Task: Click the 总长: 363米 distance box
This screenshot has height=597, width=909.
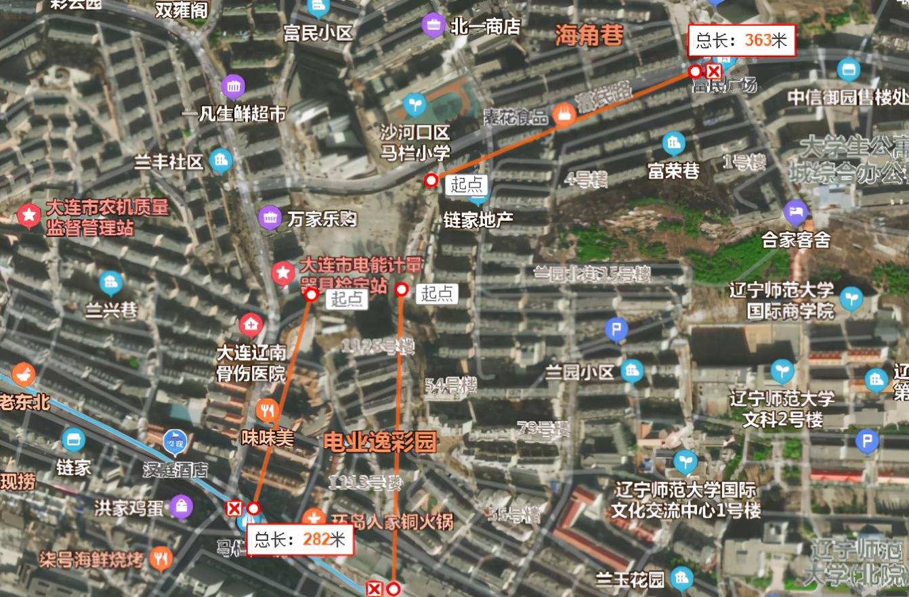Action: pyautogui.click(x=742, y=41)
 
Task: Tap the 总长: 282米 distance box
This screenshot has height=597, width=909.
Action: pyautogui.click(x=299, y=539)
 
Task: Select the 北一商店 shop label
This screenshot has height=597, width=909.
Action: pyautogui.click(x=485, y=26)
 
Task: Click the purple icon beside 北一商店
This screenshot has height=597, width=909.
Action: pyautogui.click(x=432, y=26)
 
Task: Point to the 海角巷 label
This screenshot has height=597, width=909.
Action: pyautogui.click(x=589, y=35)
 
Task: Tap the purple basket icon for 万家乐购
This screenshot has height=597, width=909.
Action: pyautogui.click(x=270, y=217)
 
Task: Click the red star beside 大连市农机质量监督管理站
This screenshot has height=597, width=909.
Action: pyautogui.click(x=29, y=217)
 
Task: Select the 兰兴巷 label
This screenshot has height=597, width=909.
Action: pyautogui.click(x=111, y=311)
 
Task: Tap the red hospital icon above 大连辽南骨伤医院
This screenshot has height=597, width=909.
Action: pyautogui.click(x=251, y=326)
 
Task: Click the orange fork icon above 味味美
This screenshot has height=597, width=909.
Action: pyautogui.click(x=268, y=411)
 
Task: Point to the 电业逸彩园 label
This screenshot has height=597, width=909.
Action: pyautogui.click(x=380, y=442)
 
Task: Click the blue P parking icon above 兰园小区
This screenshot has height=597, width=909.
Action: pyautogui.click(x=616, y=330)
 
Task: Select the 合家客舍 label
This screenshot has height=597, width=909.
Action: pyautogui.click(x=796, y=240)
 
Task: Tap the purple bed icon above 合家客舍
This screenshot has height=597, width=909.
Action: pyautogui.click(x=796, y=213)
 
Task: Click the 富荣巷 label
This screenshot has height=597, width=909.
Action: pyautogui.click(x=673, y=171)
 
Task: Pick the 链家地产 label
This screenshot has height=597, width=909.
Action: pyautogui.click(x=478, y=219)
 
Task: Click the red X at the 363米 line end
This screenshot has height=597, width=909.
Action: pyautogui.click(x=714, y=72)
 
